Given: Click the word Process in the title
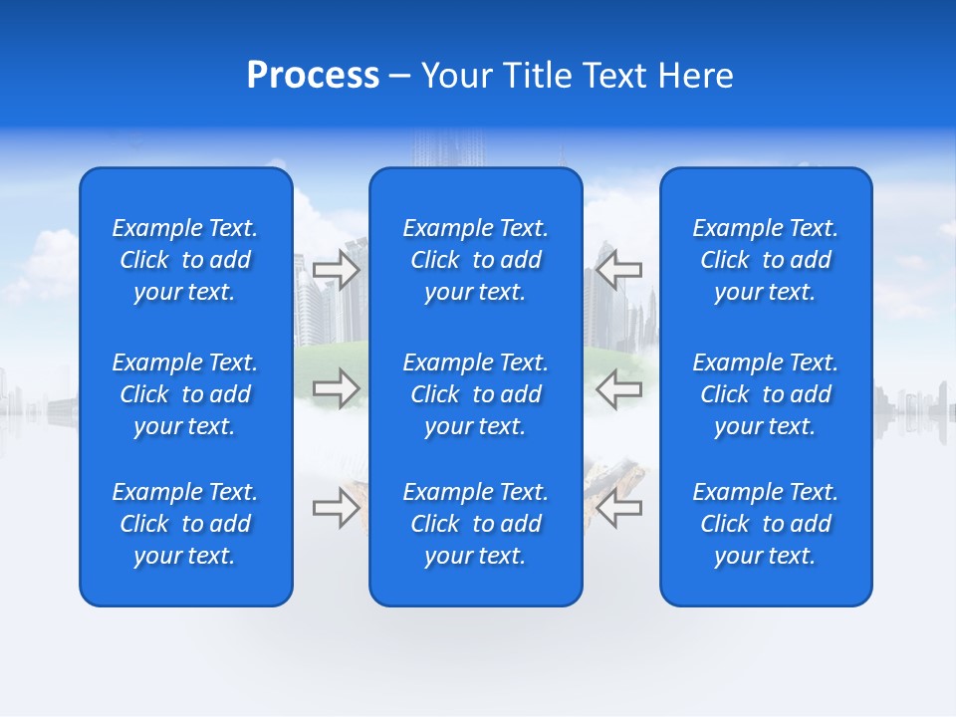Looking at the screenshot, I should tap(313, 76).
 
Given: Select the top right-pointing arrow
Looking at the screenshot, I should tap(337, 270).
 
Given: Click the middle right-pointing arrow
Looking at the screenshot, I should tap(337, 387).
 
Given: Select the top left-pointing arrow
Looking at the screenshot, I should tap(619, 270).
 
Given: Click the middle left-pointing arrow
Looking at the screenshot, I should tap(619, 387).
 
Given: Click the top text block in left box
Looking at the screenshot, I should tap(185, 260).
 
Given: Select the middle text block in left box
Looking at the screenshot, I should tap(185, 394).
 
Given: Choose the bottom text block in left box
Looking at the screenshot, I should tap(185, 524).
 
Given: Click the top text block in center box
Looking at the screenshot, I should tap(476, 260).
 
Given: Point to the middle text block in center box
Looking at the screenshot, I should tap(476, 394).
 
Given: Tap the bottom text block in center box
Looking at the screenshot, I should tap(476, 524).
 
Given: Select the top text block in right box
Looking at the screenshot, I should tap(766, 260).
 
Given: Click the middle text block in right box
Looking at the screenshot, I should tap(766, 394).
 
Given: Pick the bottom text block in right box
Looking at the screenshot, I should tap(766, 524).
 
